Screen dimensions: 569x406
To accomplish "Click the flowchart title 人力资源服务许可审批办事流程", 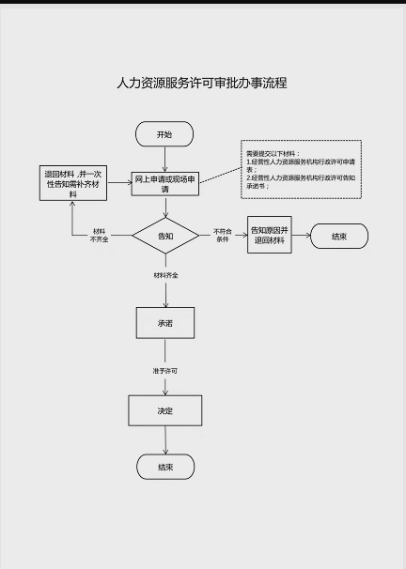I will pyautogui.click(x=201, y=83).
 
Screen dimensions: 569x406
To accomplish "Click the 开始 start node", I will pyautogui.click(x=164, y=134).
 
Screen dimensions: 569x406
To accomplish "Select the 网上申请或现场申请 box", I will pyautogui.click(x=164, y=183).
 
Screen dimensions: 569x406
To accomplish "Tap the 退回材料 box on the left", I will pyautogui.click(x=73, y=182).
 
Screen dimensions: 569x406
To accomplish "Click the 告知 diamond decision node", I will pyautogui.click(x=165, y=236).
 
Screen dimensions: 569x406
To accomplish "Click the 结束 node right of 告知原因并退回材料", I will pyautogui.click(x=338, y=236).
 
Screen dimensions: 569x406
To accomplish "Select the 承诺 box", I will pyautogui.click(x=165, y=322).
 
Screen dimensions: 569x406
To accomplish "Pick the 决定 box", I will pyautogui.click(x=165, y=410).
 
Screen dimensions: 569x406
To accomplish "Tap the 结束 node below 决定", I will pyautogui.click(x=165, y=466).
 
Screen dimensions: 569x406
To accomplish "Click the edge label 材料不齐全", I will pyautogui.click(x=99, y=235).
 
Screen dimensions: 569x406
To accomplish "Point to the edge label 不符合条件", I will pyautogui.click(x=223, y=235).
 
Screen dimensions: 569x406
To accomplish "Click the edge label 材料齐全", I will pyautogui.click(x=166, y=275).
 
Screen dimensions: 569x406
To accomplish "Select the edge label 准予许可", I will pyautogui.click(x=165, y=371).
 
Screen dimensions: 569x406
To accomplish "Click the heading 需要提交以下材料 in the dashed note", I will pyautogui.click(x=271, y=153).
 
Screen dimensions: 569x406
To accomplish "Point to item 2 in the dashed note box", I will pyautogui.click(x=301, y=181).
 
